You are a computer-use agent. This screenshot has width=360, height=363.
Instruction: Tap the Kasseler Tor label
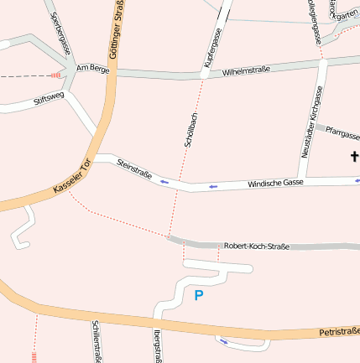[71, 176]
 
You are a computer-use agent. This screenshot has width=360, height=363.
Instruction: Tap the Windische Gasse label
[275, 183]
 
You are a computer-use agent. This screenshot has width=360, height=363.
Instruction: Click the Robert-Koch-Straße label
[256, 246]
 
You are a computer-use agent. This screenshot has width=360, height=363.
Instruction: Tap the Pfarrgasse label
[342, 133]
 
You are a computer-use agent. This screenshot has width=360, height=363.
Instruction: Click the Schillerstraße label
[97, 342]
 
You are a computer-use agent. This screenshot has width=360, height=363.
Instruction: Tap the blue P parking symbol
[199, 295]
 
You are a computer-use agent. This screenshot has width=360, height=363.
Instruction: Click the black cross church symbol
[354, 156]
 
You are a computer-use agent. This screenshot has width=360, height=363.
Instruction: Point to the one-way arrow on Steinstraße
[164, 180]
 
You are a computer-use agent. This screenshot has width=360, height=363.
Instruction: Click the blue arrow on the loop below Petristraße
[222, 340]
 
